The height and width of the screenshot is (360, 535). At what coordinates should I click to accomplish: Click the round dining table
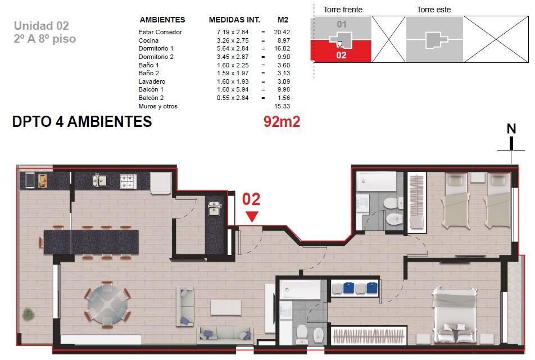point(107,304)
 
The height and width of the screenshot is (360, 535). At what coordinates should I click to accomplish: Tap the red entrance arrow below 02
point(252,216)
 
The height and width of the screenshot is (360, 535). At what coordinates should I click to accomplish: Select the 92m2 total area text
point(282,121)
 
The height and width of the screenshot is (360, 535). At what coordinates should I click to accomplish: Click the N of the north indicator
point(511,129)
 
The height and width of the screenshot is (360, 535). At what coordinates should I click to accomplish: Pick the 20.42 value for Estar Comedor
point(282,32)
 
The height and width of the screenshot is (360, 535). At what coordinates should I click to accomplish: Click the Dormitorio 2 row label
point(156,57)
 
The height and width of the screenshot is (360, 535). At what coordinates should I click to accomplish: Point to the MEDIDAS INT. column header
point(234,20)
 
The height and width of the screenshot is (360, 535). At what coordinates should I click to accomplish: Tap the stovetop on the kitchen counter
point(128,181)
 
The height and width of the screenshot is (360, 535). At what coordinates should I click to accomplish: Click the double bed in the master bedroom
point(454,315)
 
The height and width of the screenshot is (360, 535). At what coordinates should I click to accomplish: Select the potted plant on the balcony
point(28,314)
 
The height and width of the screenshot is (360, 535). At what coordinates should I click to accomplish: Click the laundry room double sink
point(214,208)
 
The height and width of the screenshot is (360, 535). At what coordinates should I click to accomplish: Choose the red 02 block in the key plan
point(341,51)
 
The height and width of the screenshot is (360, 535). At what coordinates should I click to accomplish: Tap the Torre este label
point(434,10)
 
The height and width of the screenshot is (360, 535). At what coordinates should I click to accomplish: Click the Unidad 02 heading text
point(41,26)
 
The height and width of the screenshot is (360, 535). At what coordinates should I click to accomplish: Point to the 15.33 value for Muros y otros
point(282,106)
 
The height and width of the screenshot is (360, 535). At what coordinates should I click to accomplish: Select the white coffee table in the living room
point(226,308)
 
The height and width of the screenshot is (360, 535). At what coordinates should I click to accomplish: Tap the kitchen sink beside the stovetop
point(99,180)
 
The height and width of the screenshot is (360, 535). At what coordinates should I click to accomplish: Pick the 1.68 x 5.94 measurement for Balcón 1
point(233,89)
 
